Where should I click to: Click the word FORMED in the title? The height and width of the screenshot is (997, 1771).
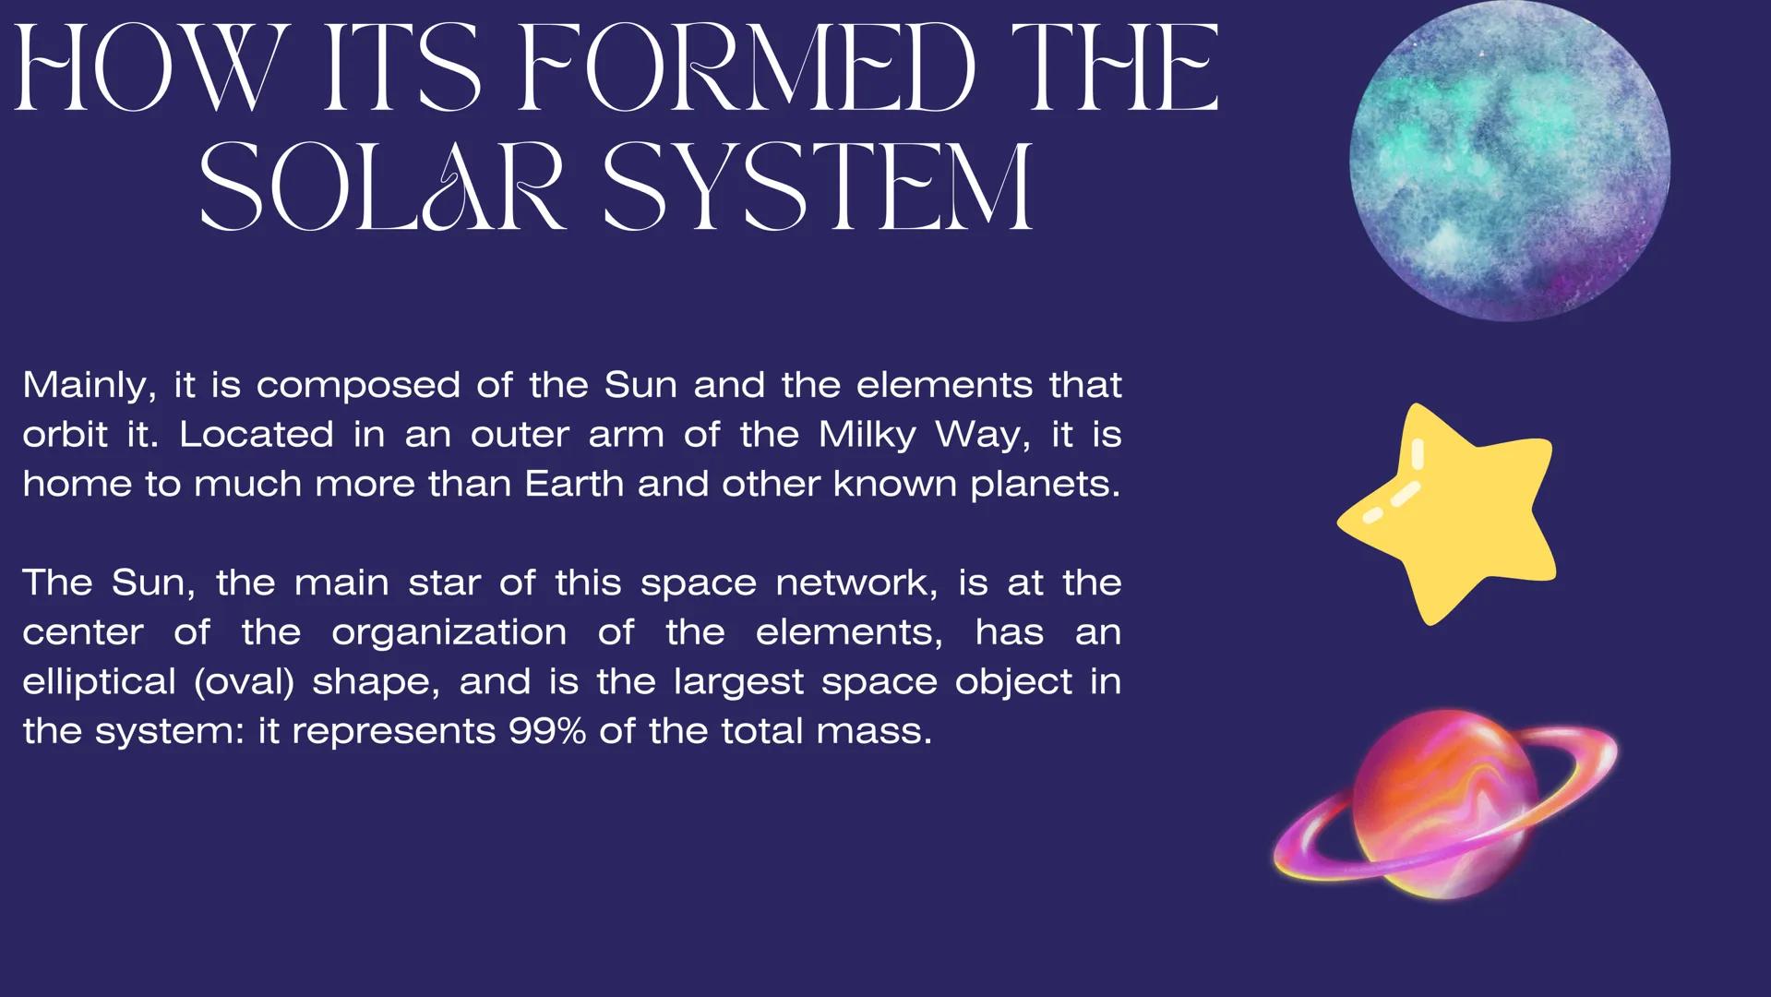pyautogui.click(x=746, y=68)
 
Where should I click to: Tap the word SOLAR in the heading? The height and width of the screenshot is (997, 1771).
pyautogui.click(x=382, y=186)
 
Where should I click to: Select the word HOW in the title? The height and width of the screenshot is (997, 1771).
pyautogui.click(x=146, y=68)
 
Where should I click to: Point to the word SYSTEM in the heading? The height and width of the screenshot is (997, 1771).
pyautogui.click(x=818, y=186)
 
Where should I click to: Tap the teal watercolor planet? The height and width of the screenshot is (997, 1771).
pyautogui.click(x=1510, y=161)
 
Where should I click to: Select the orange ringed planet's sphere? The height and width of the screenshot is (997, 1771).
pyautogui.click(x=1445, y=803)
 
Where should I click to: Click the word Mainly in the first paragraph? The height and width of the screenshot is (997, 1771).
pyautogui.click(x=90, y=386)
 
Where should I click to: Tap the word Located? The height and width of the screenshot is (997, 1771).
pyautogui.click(x=256, y=435)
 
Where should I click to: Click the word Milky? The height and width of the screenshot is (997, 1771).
pyautogui.click(x=868, y=436)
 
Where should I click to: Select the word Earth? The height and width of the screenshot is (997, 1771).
pyautogui.click(x=574, y=484)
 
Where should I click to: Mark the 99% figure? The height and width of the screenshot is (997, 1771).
pyautogui.click(x=547, y=731)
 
